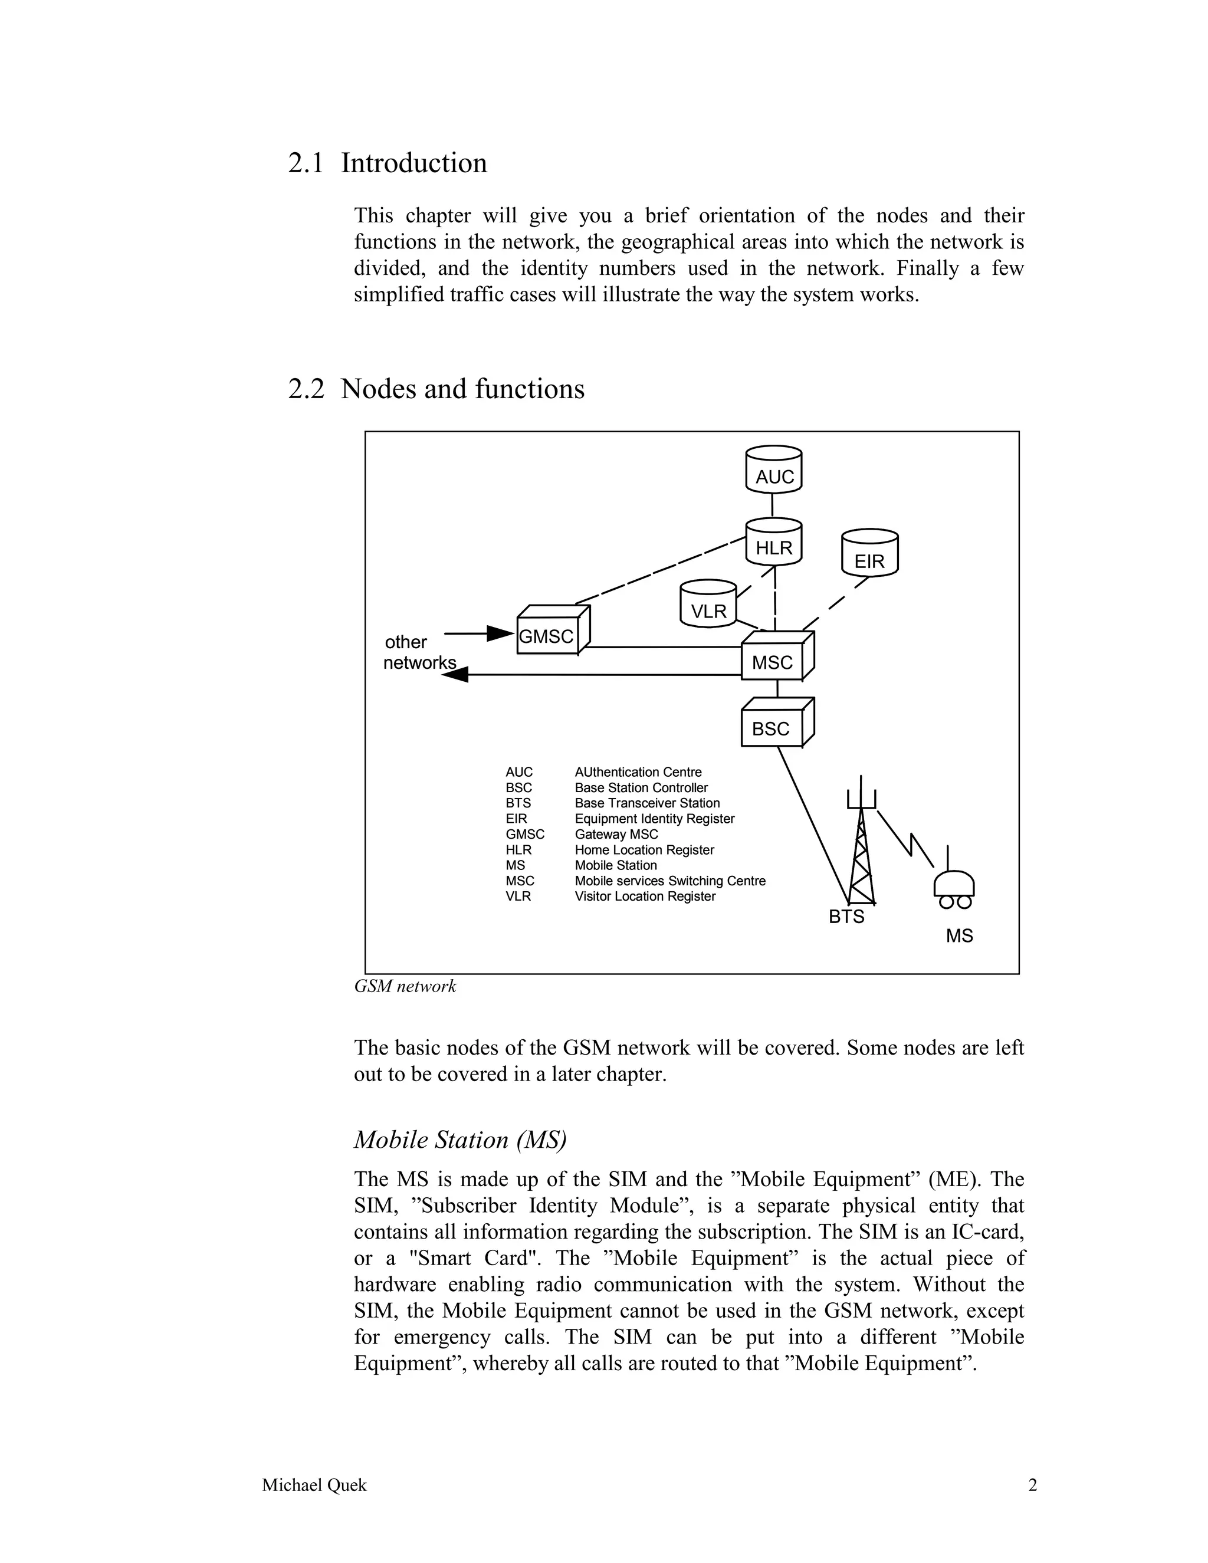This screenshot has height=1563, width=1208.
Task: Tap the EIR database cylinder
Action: click(869, 553)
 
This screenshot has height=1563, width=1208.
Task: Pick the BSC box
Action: click(774, 725)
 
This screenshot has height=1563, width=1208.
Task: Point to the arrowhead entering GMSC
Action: click(500, 633)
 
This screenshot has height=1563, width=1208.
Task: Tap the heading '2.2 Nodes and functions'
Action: click(436, 389)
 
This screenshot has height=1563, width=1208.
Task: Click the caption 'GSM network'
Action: click(405, 986)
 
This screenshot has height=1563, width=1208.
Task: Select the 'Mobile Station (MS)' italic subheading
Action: click(460, 1140)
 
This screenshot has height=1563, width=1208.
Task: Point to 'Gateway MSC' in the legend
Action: click(616, 835)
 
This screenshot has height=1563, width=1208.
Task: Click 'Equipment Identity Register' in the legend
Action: click(654, 819)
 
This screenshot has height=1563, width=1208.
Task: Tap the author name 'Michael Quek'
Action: click(314, 1486)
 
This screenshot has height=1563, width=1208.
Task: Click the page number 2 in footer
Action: click(1032, 1486)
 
